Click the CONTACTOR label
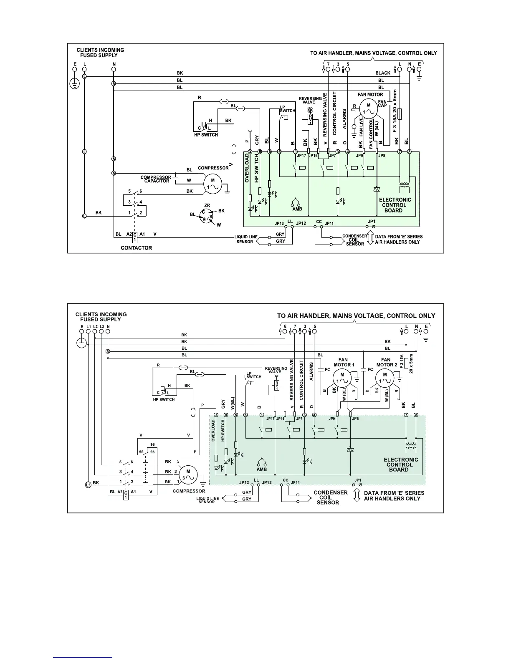136,248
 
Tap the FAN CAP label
382,103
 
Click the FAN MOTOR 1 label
343,362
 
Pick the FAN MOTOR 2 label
386,362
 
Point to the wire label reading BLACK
383,73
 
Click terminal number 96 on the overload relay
152,445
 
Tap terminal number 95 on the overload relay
141,452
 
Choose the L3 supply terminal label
101,326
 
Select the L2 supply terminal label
95,326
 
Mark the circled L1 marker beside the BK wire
88,484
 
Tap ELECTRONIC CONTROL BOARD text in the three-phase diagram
400,464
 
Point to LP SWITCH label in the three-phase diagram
253,375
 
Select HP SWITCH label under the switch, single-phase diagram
206,135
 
